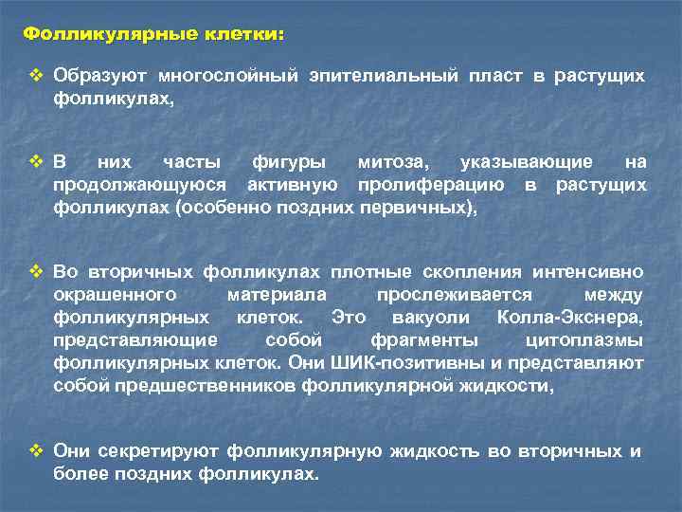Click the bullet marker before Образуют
click(x=36, y=76)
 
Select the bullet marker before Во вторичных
click(x=36, y=272)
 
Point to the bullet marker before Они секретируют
click(x=36, y=451)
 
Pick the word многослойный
click(x=227, y=76)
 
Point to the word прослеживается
click(x=454, y=295)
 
